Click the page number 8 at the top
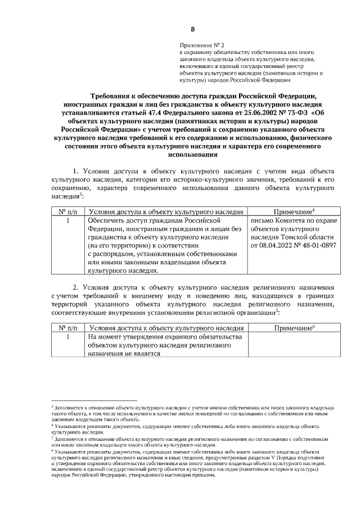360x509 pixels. (x=192, y=29)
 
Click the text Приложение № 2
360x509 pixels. (x=201, y=44)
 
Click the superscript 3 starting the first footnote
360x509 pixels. (x=52, y=405)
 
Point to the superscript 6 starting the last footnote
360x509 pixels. (x=52, y=451)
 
